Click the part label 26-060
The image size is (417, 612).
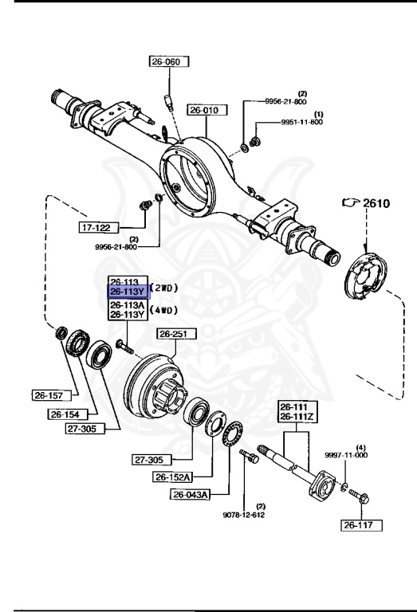coord(169,61)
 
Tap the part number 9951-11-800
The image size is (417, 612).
coord(302,122)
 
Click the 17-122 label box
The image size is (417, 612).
coord(99,228)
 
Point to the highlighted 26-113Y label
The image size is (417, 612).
coord(128,292)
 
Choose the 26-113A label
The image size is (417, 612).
coord(128,305)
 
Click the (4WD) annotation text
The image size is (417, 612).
coord(164,310)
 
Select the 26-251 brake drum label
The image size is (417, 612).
coord(177,334)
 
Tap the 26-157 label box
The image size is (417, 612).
coord(52,395)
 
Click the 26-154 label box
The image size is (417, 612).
coord(69,414)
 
